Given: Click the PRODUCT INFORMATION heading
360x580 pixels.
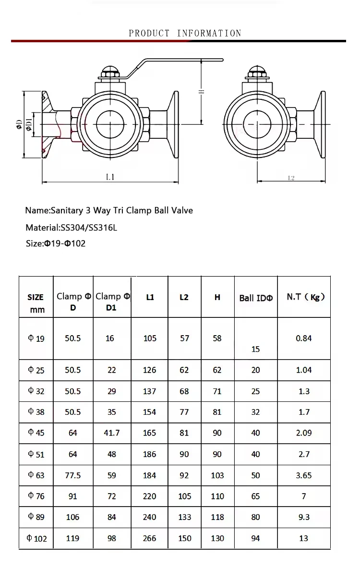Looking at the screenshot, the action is (185, 33).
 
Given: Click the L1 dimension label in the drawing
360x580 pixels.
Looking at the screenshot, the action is (110, 177).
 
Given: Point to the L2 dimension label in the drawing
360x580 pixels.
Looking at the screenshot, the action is (291, 178).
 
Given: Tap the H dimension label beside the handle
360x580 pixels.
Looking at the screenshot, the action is (202, 92).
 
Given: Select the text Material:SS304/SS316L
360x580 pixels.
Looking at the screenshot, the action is (71, 228).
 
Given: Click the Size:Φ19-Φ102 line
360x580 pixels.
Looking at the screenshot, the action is (55, 243).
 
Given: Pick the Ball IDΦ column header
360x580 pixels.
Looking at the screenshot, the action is (256, 298).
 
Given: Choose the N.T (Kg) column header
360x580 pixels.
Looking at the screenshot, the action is (305, 297).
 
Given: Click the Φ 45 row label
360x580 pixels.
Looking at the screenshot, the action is (36, 433).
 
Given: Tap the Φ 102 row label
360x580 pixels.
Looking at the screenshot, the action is (36, 539).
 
